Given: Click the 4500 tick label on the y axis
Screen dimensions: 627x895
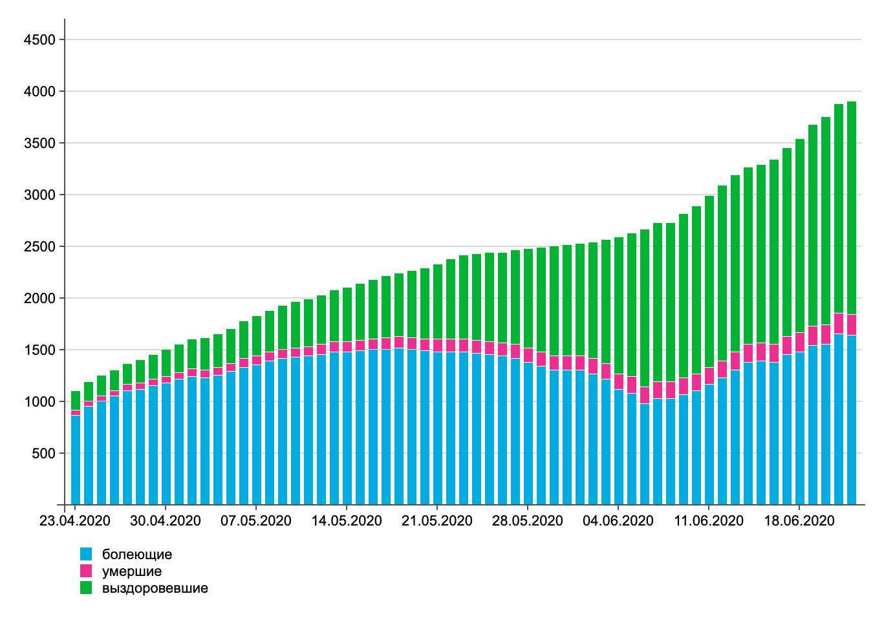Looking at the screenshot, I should tap(39, 40).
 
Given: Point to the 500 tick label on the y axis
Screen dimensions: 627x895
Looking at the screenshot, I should tap(43, 454).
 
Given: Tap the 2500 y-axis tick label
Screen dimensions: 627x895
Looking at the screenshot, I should tap(39, 247).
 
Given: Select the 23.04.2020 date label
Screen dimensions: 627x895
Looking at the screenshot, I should tap(74, 521).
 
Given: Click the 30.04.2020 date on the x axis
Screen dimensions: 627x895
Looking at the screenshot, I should tap(165, 521).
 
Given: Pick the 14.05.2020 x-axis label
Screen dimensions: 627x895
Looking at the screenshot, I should tap(346, 521).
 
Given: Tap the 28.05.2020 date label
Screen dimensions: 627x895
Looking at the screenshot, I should tap(527, 521).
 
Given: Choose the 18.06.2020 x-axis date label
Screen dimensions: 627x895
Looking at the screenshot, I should tap(799, 521).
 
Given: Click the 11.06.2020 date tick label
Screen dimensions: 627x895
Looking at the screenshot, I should tap(708, 521).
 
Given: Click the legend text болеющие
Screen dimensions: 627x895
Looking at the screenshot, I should tap(137, 555).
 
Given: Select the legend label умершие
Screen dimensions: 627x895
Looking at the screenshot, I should tap(132, 571).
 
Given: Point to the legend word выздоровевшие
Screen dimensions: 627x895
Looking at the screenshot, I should tap(155, 588).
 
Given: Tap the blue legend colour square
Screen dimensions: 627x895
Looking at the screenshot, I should tap(86, 554).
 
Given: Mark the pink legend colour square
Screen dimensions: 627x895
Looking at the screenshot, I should tap(86, 571).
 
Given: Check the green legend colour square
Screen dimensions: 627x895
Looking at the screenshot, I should tap(86, 588).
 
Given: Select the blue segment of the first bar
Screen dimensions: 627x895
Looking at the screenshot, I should tap(76, 459).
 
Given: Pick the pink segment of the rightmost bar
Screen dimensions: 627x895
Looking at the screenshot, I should tap(852, 324).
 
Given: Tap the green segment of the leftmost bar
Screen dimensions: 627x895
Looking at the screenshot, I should tap(76, 400).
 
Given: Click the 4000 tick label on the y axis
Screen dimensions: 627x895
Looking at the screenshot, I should tap(39, 92).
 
